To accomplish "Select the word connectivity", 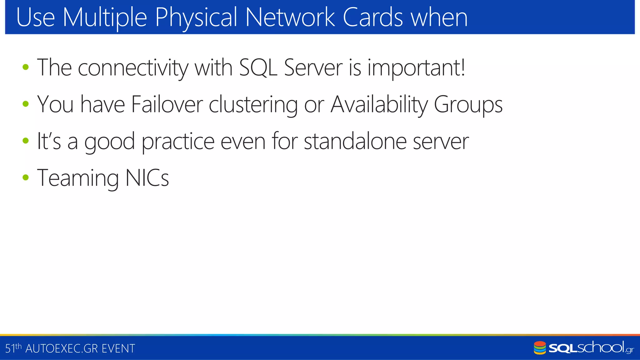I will coord(133,68).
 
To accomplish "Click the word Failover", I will coord(167,104).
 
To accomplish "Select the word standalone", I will coord(355,141).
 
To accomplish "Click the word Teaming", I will coord(78,178).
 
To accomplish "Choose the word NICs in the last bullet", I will coord(147,178).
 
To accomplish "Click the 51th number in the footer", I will coord(13,348).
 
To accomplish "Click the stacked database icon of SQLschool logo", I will coord(540,348).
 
